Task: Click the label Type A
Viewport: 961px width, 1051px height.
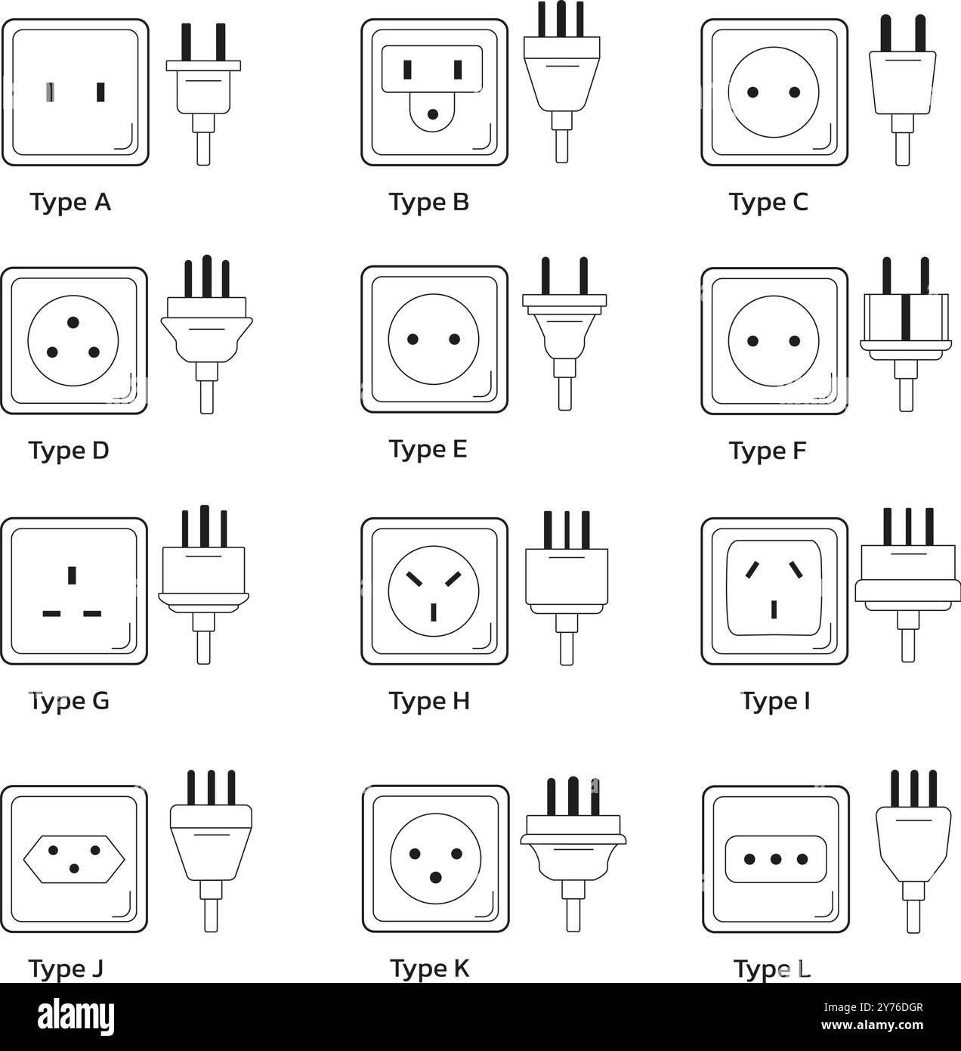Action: (x=70, y=203)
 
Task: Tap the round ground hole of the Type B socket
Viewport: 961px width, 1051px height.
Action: (x=433, y=115)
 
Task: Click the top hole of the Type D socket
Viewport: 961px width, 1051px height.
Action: (x=73, y=323)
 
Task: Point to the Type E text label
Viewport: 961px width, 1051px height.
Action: (x=428, y=449)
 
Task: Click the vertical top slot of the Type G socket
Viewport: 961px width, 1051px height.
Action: (x=72, y=575)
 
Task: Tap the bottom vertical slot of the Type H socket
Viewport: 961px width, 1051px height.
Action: (x=433, y=611)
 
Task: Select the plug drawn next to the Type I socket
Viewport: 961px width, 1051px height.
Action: (x=907, y=582)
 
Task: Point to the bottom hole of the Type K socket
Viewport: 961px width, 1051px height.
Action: (x=435, y=877)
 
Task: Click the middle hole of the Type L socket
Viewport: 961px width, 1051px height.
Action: (x=775, y=860)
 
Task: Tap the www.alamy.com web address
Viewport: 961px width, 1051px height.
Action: (x=877, y=1027)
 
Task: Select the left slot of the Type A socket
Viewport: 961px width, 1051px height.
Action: (x=50, y=92)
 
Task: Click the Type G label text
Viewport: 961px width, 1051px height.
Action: (x=69, y=701)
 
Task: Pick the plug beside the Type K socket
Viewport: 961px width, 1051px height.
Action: (x=573, y=851)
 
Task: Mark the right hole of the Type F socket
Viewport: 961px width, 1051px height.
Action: (x=795, y=341)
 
